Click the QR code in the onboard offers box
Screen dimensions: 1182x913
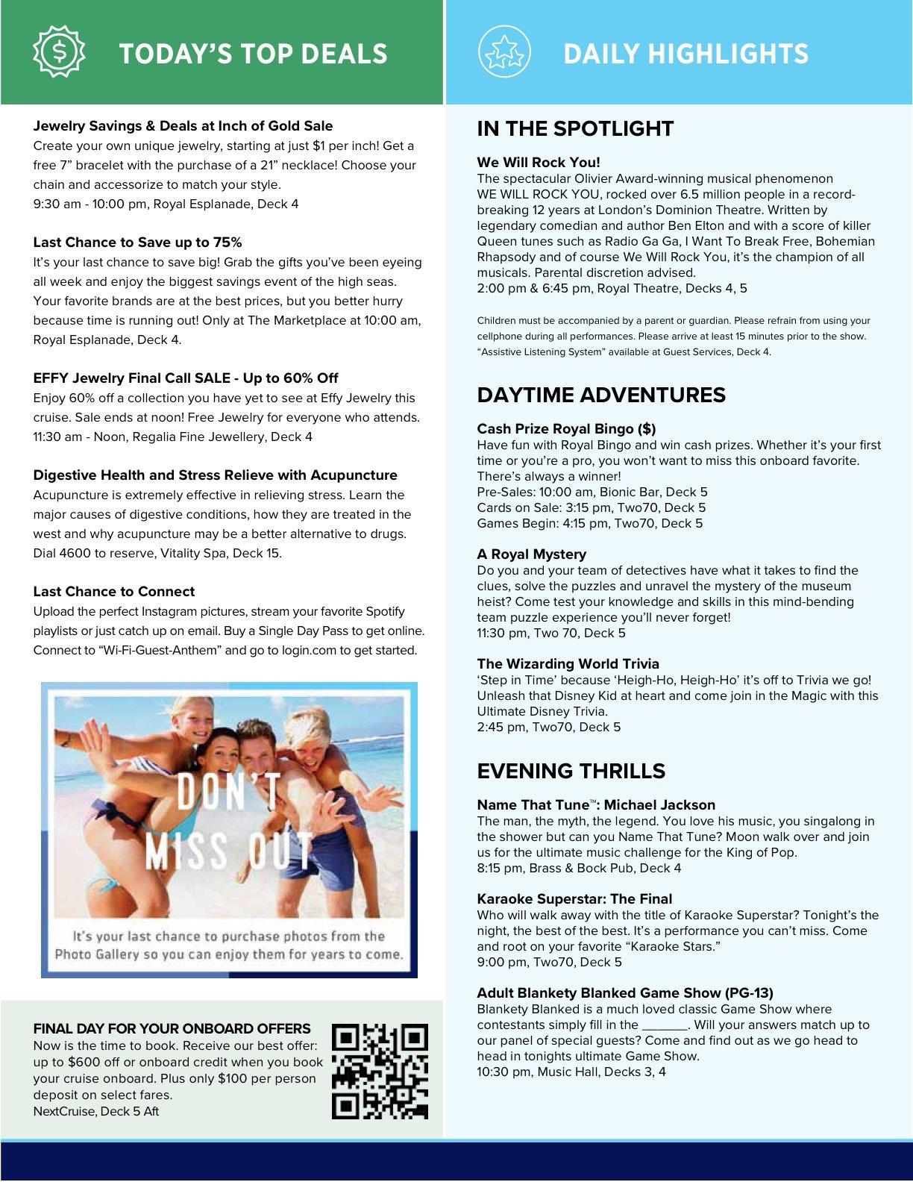pos(380,1072)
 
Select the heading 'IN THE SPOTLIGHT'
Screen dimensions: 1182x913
pos(575,128)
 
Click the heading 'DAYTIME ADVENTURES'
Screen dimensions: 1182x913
pos(601,394)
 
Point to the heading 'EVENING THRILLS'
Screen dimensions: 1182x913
pos(571,770)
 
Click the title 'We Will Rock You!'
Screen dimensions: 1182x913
pos(539,162)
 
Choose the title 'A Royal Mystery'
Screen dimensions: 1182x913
pos(532,554)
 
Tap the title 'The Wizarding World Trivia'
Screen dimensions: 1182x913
pos(568,663)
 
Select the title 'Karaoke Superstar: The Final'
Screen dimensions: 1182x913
pos(574,898)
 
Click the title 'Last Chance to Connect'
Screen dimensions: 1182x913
pos(113,591)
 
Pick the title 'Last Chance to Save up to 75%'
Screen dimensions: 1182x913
pos(137,242)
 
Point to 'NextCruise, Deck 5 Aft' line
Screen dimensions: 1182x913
pos(96,1111)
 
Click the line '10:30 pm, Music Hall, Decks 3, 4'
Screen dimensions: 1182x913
pos(571,1072)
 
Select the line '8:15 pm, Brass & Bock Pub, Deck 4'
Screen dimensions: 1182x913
pos(579,868)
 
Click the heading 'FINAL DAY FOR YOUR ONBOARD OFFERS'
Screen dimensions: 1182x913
pos(172,1028)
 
